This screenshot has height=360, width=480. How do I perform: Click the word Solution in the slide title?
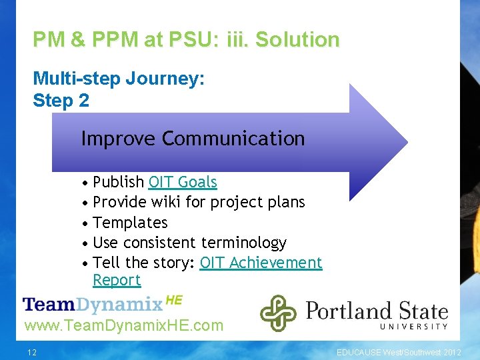[297, 40]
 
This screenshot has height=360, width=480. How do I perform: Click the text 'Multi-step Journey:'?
[119, 79]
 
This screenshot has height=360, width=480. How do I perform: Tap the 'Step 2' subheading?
[61, 101]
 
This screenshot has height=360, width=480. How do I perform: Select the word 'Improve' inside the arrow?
[118, 139]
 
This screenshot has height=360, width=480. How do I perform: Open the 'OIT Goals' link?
[183, 182]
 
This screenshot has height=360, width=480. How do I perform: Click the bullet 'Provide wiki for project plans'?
[199, 202]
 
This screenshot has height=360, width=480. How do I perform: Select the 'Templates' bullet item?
[130, 223]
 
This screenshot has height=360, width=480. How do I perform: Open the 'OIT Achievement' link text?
[261, 263]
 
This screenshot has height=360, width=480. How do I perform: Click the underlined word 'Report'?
[117, 280]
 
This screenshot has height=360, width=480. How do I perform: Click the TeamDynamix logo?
[93, 305]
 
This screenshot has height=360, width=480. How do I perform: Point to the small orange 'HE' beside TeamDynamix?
[173, 300]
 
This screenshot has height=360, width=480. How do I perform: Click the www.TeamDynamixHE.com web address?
[123, 326]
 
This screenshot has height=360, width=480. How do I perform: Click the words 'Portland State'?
[377, 310]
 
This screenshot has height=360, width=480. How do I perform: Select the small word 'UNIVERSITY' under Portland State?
[414, 326]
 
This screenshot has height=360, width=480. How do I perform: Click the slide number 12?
[32, 351]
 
